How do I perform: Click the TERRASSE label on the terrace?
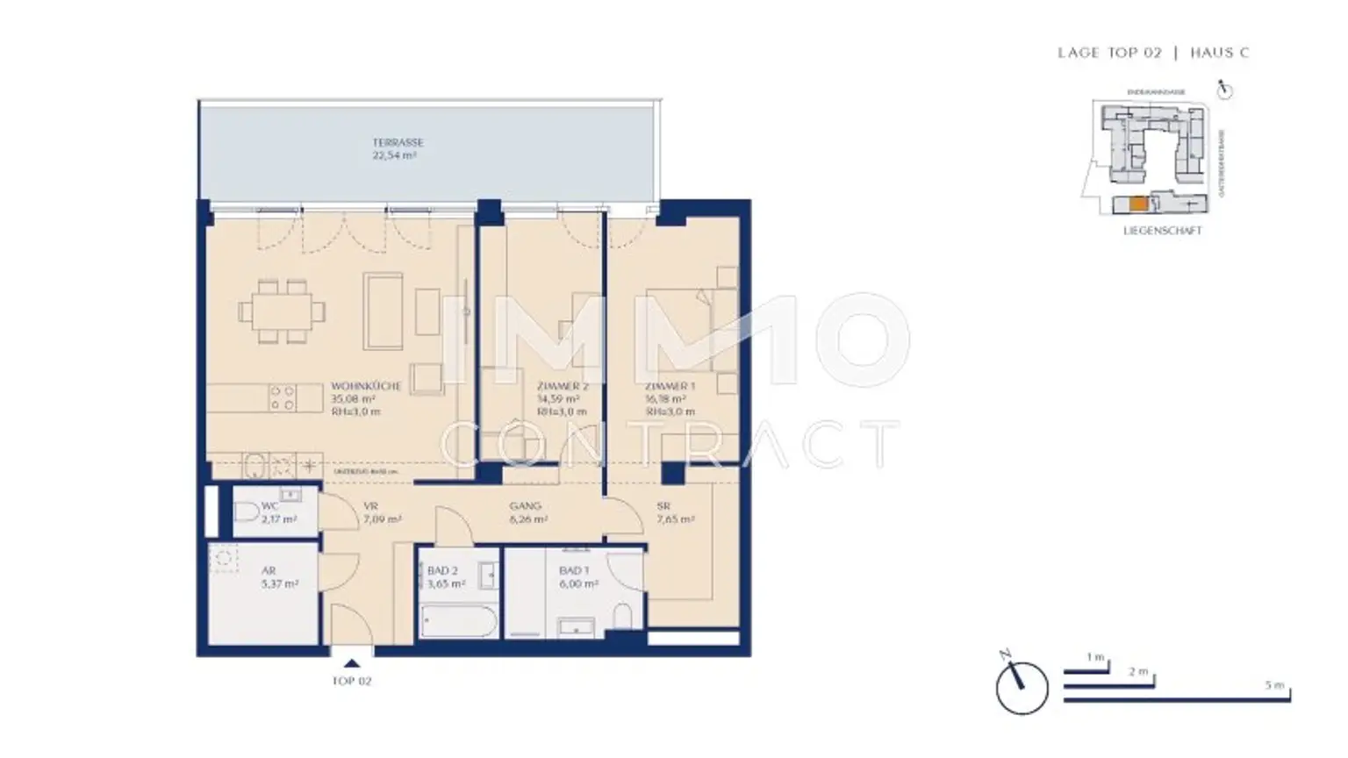(398, 142)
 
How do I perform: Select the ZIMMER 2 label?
(562, 386)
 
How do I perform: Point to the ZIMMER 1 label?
(670, 386)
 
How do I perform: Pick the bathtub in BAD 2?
(457, 624)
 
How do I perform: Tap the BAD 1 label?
(574, 570)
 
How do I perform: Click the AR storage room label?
(269, 570)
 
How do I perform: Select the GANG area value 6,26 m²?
(528, 519)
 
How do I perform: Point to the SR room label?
(663, 506)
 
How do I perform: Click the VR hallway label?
(370, 506)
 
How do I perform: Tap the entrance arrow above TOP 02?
(352, 664)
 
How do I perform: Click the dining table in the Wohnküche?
(282, 311)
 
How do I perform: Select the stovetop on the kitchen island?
(283, 398)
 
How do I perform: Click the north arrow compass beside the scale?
(1022, 687)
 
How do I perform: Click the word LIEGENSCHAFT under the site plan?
(1162, 231)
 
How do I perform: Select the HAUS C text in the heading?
(1219, 53)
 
